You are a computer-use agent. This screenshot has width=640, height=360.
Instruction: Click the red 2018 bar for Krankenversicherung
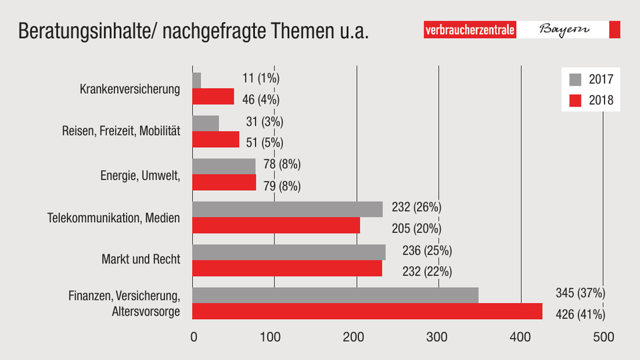click(x=213, y=96)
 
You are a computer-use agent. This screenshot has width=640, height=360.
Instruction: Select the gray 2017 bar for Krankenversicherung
click(x=196, y=80)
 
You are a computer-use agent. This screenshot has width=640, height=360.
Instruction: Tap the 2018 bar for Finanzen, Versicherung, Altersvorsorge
click(x=367, y=312)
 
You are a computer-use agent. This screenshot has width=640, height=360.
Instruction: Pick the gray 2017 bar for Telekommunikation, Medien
click(x=287, y=209)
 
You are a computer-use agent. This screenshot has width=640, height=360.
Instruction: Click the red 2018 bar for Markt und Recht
click(x=287, y=268)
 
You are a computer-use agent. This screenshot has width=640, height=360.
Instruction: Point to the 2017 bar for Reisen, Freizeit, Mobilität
click(x=206, y=123)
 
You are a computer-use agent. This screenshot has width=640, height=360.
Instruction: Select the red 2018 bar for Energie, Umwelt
click(x=224, y=182)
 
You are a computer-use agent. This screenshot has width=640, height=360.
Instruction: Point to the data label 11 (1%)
click(x=260, y=78)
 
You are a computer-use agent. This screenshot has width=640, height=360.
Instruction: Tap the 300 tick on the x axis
click(x=438, y=337)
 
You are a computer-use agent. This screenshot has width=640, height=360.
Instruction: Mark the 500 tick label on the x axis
click(x=603, y=337)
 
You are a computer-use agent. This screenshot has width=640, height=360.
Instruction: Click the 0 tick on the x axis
click(x=193, y=337)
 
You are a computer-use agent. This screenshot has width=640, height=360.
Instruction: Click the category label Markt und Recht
click(x=141, y=259)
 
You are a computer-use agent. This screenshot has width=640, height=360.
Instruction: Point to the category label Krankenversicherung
click(x=130, y=89)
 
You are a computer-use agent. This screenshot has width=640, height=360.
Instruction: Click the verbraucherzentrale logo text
click(x=471, y=30)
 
